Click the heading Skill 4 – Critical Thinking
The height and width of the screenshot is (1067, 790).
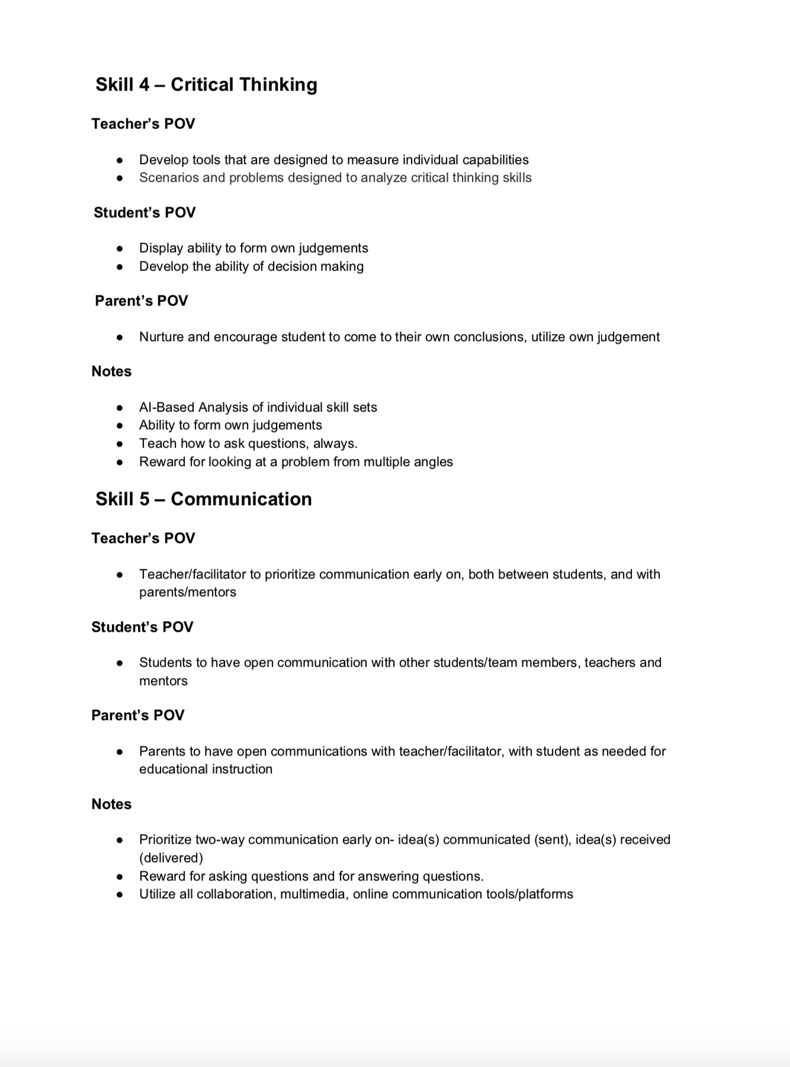pyautogui.click(x=206, y=85)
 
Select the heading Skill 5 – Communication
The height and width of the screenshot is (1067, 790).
pyautogui.click(x=203, y=499)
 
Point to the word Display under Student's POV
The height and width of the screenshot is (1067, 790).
pyautogui.click(x=161, y=248)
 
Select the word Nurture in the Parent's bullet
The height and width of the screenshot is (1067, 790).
pyautogui.click(x=162, y=337)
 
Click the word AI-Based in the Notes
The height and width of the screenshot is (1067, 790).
pyautogui.click(x=167, y=407)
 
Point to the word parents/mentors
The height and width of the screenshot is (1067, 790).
pyautogui.click(x=187, y=592)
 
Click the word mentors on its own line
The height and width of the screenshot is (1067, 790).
pyautogui.click(x=163, y=681)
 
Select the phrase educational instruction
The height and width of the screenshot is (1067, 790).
pyautogui.click(x=205, y=769)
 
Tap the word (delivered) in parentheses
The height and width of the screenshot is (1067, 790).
pyautogui.click(x=171, y=858)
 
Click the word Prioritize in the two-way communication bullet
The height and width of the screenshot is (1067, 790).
pyautogui.click(x=165, y=840)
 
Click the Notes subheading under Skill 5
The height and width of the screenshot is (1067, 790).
pyautogui.click(x=111, y=804)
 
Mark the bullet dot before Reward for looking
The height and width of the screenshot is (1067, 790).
pyautogui.click(x=120, y=462)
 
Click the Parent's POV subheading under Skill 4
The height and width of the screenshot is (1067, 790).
pyautogui.click(x=141, y=301)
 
